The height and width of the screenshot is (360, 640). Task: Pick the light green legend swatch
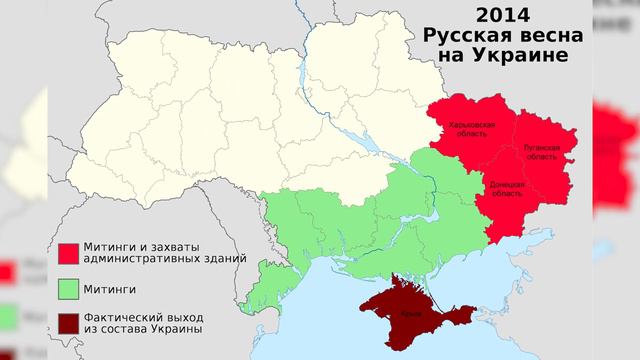point(68,288)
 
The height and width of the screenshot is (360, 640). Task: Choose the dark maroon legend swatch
point(68,321)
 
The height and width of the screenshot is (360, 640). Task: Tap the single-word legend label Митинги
point(109,289)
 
